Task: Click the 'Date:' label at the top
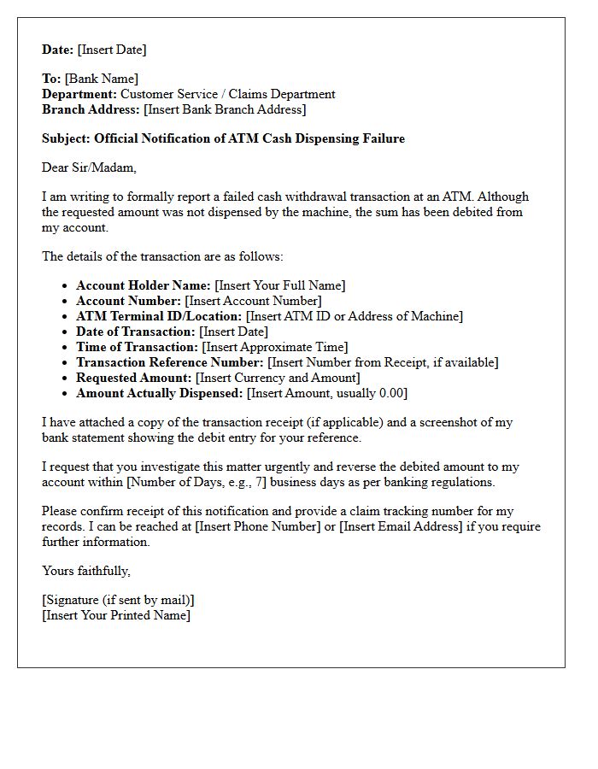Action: (x=58, y=50)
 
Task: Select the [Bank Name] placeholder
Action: (x=102, y=79)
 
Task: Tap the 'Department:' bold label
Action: (x=79, y=94)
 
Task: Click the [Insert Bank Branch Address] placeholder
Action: (x=225, y=109)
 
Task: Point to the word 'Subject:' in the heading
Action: (x=67, y=138)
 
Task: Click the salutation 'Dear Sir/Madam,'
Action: (x=89, y=167)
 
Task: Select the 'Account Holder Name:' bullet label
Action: (x=144, y=285)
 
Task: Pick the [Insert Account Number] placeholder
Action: (x=253, y=301)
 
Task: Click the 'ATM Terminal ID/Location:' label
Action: (x=159, y=316)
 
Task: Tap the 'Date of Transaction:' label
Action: (x=136, y=332)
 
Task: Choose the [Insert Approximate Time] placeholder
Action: (x=274, y=347)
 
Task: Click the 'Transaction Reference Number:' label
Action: (x=170, y=362)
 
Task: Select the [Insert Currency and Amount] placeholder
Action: (x=278, y=378)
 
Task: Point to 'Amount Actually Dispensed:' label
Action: (x=160, y=393)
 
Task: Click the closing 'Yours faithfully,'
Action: (x=86, y=570)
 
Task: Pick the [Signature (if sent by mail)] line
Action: (x=118, y=600)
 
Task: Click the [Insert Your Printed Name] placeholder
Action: (x=116, y=615)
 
